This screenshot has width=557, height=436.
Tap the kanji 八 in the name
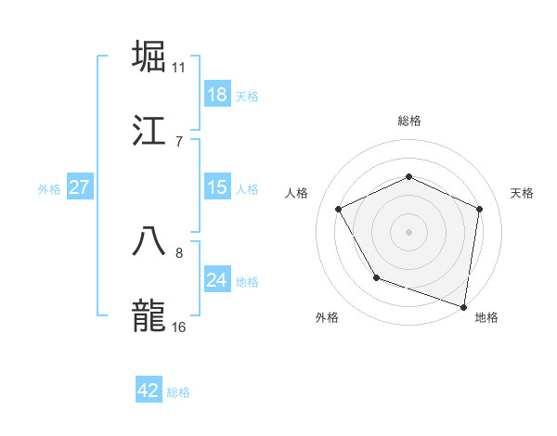click(x=149, y=240)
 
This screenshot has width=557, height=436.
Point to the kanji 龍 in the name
click(x=149, y=315)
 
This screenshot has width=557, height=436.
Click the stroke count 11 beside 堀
click(x=178, y=68)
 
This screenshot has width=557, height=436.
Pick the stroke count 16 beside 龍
click(x=178, y=327)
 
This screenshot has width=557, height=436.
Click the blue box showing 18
click(x=216, y=95)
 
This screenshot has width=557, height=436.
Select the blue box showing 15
click(x=216, y=187)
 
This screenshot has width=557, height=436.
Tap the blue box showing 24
click(x=216, y=280)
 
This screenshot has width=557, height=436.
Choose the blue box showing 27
click(x=79, y=187)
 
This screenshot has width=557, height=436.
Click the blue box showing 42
click(x=149, y=391)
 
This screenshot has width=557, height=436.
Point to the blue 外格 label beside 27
click(x=49, y=189)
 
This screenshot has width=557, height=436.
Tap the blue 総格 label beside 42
click(x=178, y=392)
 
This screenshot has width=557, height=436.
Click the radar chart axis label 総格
click(x=408, y=121)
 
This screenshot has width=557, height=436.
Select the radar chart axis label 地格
click(x=486, y=318)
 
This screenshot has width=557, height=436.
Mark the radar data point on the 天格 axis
click(x=479, y=209)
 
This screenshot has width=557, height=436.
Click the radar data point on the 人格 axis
click(x=339, y=209)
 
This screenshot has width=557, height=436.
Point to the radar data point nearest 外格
click(x=376, y=277)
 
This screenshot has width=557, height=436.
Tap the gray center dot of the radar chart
click(x=408, y=231)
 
